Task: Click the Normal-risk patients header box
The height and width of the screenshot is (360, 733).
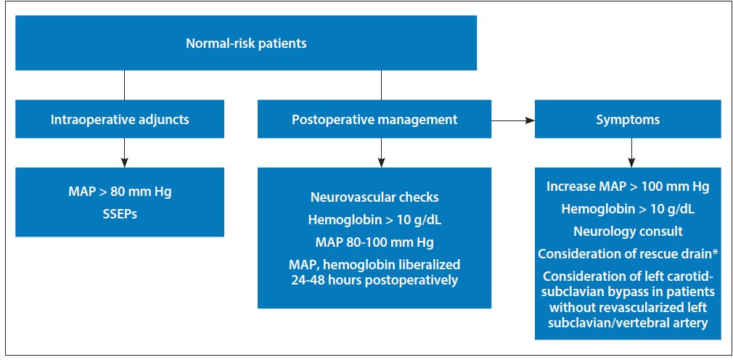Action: (x=246, y=43)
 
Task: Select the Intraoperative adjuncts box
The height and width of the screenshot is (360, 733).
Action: (x=120, y=119)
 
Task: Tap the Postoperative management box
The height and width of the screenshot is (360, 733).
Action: (x=374, y=119)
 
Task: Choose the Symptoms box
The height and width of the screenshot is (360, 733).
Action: (x=628, y=119)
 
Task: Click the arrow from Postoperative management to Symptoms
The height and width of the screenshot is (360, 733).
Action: (x=513, y=120)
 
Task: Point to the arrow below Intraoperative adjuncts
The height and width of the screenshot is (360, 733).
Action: (x=124, y=153)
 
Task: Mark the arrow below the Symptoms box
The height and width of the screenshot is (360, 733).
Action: (x=631, y=153)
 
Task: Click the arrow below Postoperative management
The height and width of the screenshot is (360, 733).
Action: (x=382, y=153)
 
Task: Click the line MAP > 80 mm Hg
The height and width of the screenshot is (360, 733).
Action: (x=120, y=192)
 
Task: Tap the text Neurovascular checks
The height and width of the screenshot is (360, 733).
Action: (x=374, y=197)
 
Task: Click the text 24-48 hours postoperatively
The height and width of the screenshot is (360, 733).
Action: (x=374, y=281)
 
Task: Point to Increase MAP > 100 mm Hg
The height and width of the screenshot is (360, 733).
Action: (x=628, y=187)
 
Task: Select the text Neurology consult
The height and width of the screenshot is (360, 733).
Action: (x=628, y=232)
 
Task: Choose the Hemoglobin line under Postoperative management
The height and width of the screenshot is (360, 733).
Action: (x=374, y=220)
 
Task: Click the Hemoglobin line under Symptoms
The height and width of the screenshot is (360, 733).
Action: (x=628, y=209)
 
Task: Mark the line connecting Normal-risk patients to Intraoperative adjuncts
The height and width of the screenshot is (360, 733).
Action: (x=124, y=85)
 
